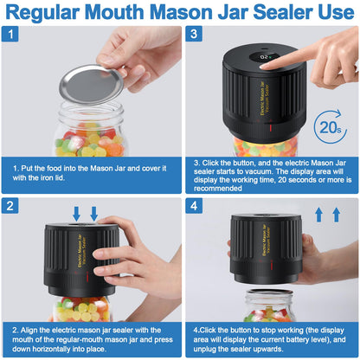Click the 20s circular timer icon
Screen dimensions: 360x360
click(x=331, y=126)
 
